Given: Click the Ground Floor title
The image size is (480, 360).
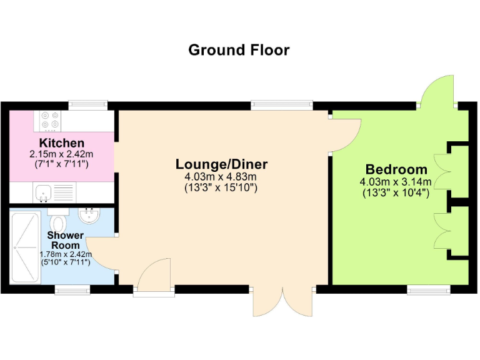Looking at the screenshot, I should tap(239, 50).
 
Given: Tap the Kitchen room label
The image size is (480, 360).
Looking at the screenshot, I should tap(61, 143).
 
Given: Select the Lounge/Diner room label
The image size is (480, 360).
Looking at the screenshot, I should tap(221, 164).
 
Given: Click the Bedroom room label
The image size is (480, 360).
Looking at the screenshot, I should tap(396, 169).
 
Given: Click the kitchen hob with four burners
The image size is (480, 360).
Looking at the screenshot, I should tap(49, 119).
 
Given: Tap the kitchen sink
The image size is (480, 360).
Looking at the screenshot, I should tap(43, 192).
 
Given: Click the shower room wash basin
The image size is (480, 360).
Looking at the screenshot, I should tap(90, 216).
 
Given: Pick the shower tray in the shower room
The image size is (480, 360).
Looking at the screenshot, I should tap(25, 247).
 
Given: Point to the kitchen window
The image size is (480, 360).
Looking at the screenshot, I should tap(88, 105).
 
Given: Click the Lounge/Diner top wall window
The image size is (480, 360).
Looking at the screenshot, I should tap(282, 105).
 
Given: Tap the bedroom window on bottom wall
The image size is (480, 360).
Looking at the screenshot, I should tap(429, 289).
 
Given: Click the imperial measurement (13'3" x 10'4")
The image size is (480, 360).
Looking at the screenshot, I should tap(396, 193).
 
